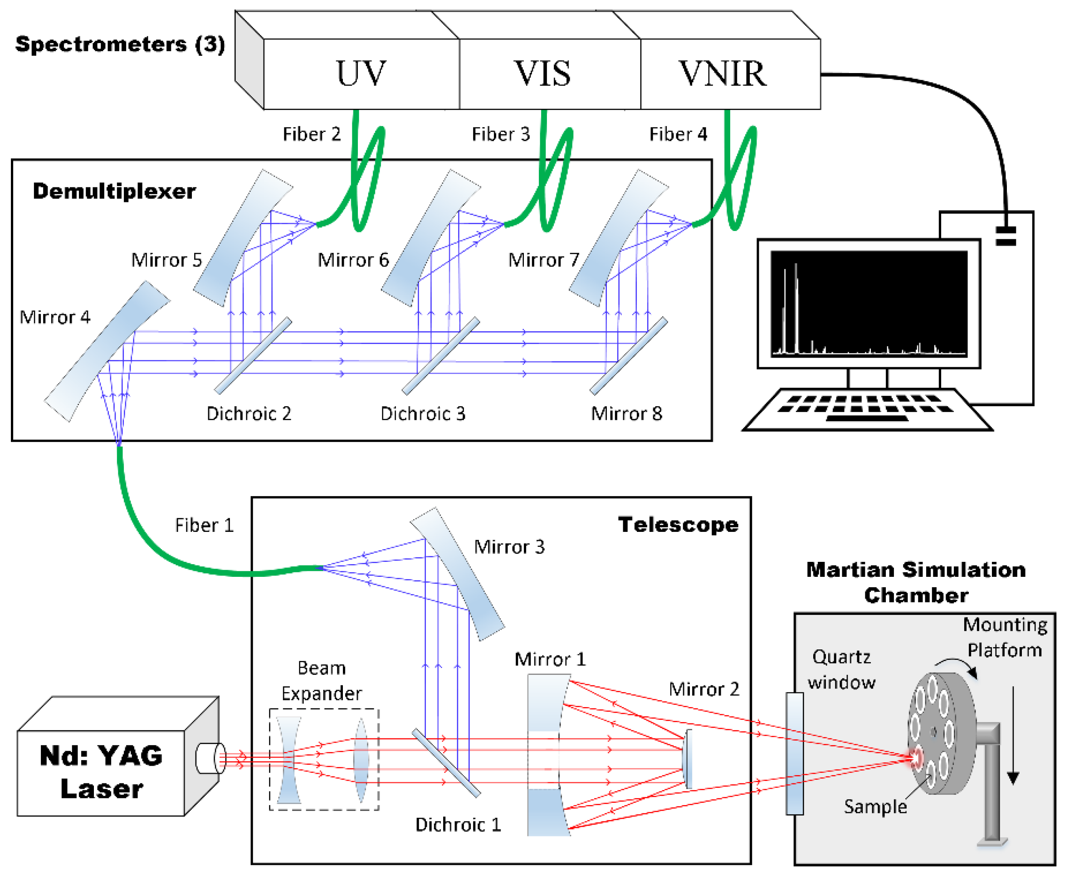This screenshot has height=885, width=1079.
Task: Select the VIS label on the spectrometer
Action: click(542, 74)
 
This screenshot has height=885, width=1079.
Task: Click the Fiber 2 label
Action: click(311, 134)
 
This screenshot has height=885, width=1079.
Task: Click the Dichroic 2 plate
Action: click(253, 355)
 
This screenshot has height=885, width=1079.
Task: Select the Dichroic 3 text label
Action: click(423, 413)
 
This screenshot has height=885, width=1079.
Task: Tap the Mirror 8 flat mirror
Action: click(629, 355)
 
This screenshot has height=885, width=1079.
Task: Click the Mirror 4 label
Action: click(54, 317)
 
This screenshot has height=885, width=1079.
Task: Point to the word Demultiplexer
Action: click(114, 191)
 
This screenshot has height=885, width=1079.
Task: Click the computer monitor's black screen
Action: click(869, 303)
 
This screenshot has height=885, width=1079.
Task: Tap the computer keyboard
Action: click(866, 408)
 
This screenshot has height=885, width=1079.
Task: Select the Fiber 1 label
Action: click(204, 525)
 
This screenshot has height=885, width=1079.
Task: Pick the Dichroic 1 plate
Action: click(446, 762)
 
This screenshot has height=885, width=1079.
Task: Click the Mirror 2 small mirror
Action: click(688, 758)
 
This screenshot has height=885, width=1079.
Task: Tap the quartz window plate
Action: click(794, 753)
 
